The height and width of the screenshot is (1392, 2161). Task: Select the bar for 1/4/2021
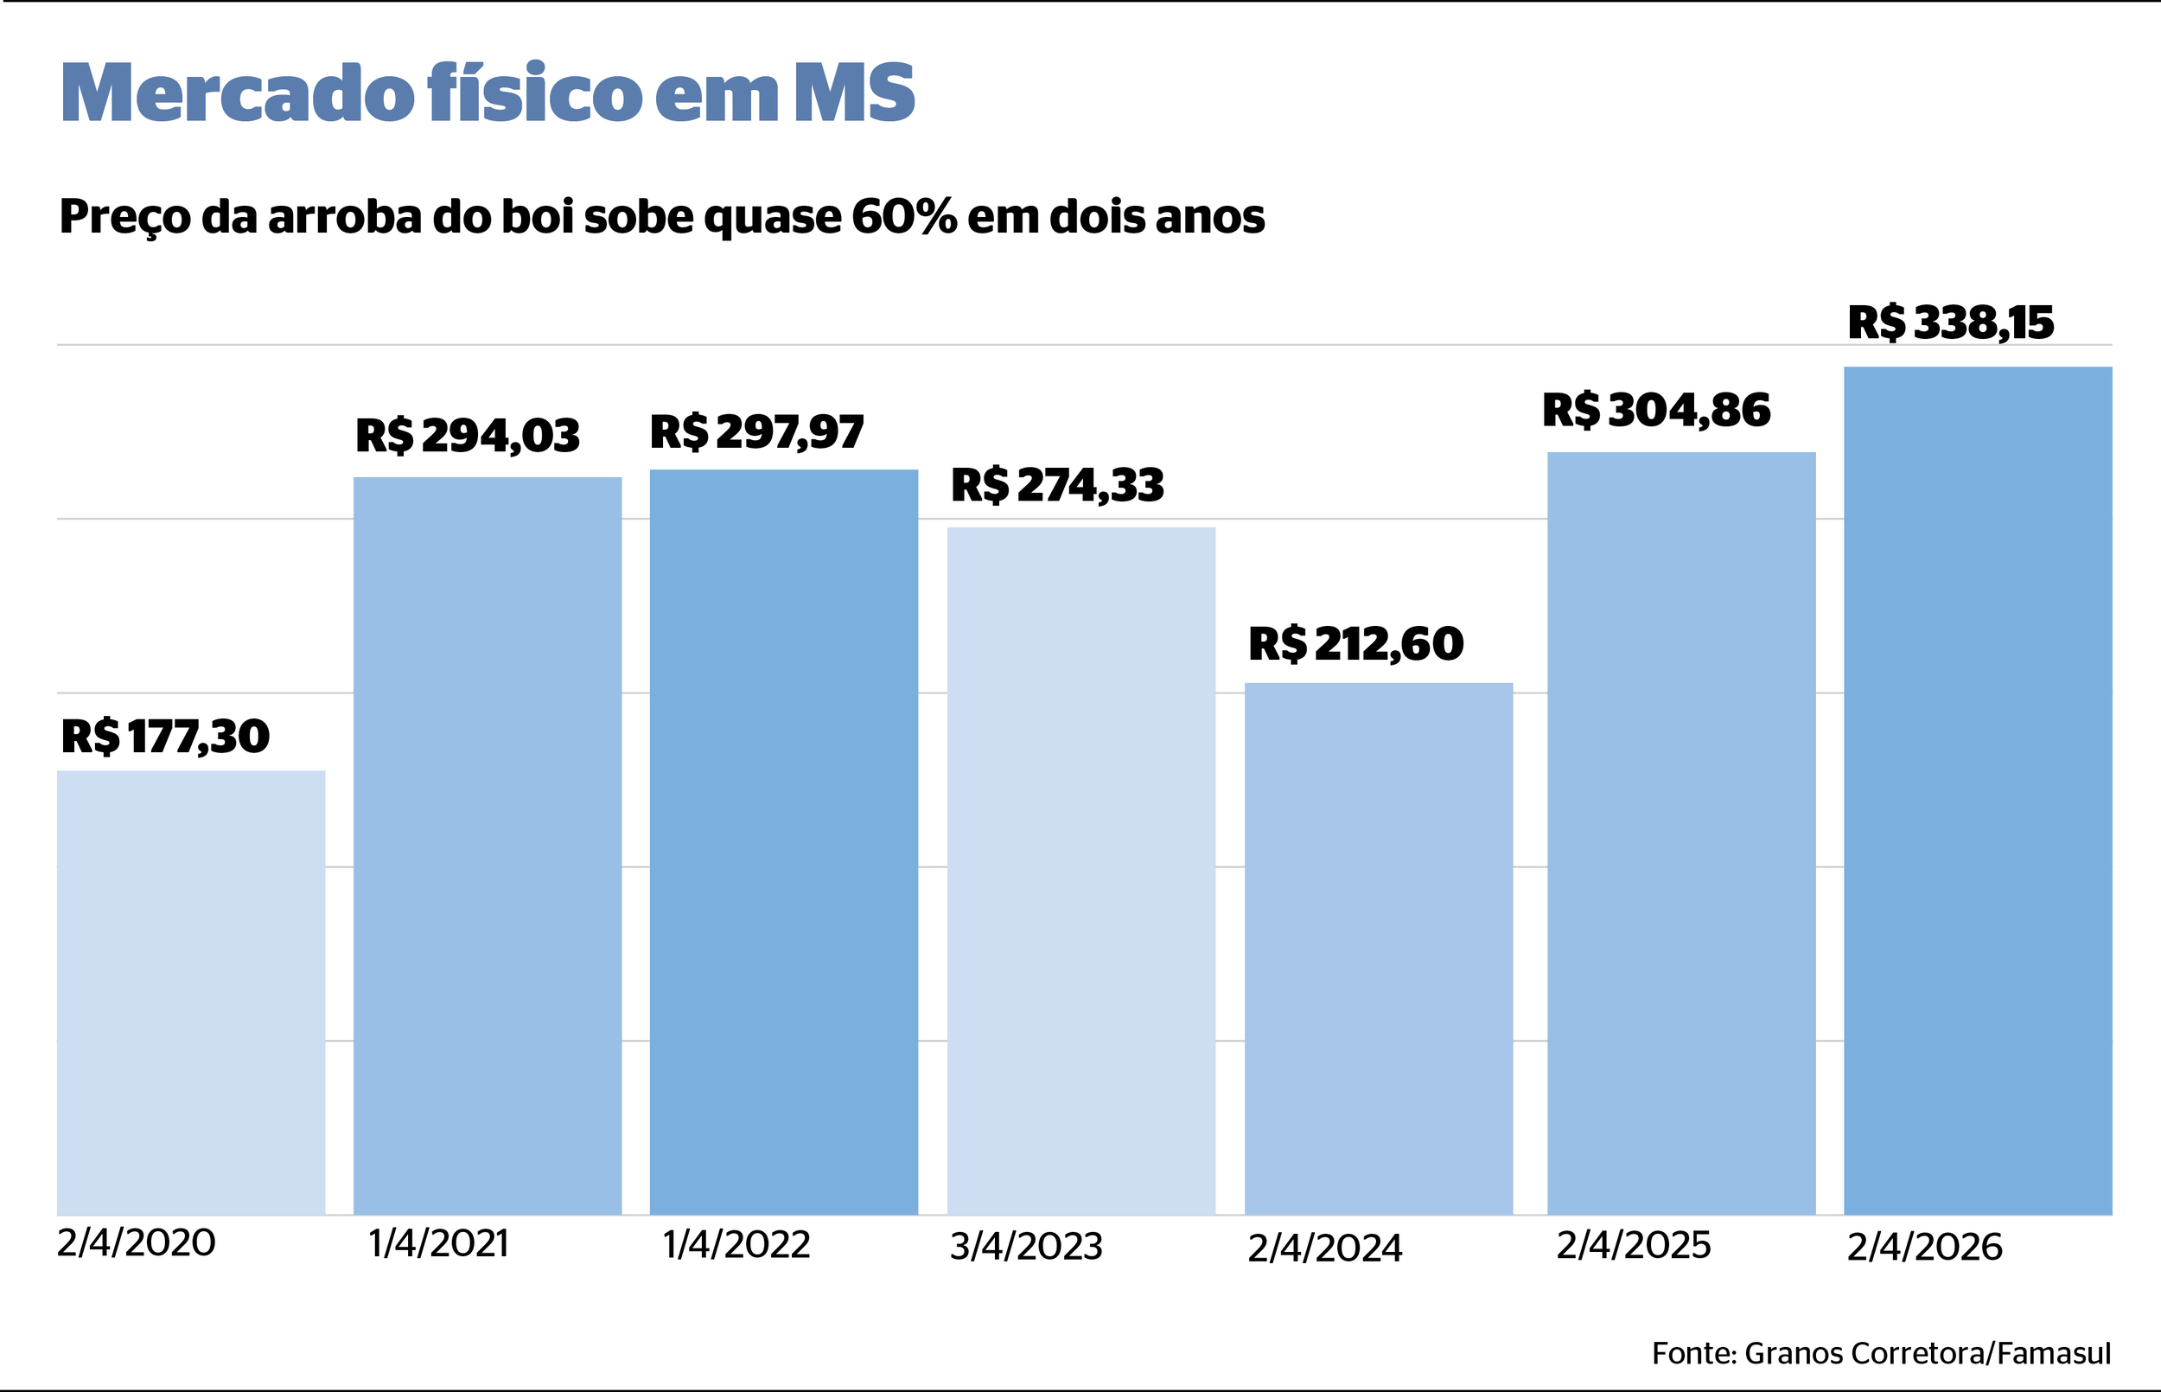pos(487,846)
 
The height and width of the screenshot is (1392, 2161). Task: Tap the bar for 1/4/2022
pos(783,841)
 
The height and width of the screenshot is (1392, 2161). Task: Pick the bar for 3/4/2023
pos(1080,871)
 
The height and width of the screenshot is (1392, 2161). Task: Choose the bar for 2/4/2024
pos(1378,948)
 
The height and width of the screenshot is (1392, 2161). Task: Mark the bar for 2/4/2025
pos(1680,833)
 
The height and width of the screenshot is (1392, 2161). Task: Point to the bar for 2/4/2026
pos(1977,790)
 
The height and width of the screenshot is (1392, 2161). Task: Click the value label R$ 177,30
pos(165,737)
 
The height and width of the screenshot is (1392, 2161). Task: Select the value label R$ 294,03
pos(467,436)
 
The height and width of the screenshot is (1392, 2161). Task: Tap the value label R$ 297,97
pos(757,432)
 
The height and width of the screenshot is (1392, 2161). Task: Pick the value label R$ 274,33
pos(1057,485)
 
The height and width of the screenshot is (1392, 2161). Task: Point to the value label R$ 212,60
pos(1355,644)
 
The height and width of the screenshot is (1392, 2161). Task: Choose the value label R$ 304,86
pos(1656,411)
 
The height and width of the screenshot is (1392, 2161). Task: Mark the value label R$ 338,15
pos(1950,322)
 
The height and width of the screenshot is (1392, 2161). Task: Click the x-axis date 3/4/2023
pos(1025,1248)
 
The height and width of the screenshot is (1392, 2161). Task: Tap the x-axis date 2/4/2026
pos(1924,1248)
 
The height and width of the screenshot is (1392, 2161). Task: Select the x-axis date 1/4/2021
pos(438,1245)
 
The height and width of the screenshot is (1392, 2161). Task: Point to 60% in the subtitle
pos(902,217)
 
